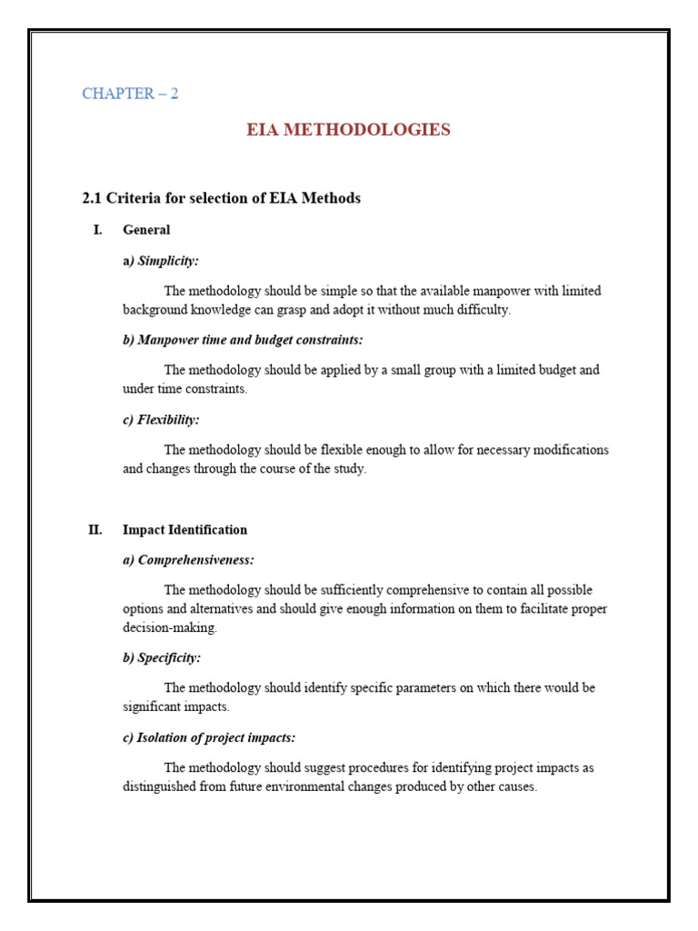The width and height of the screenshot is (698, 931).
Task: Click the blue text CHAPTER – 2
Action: point(130,94)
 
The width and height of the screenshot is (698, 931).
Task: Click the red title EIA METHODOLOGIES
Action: point(348,130)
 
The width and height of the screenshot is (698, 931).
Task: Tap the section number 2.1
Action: point(93,198)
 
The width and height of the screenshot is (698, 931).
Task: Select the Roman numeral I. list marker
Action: point(97,230)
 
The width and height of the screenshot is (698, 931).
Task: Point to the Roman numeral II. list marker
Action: point(95,530)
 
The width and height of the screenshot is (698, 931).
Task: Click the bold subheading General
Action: point(146,230)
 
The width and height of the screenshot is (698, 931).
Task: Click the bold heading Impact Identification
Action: point(184,530)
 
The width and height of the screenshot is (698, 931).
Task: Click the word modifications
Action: point(569,450)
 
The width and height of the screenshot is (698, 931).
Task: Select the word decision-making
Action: point(170,627)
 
